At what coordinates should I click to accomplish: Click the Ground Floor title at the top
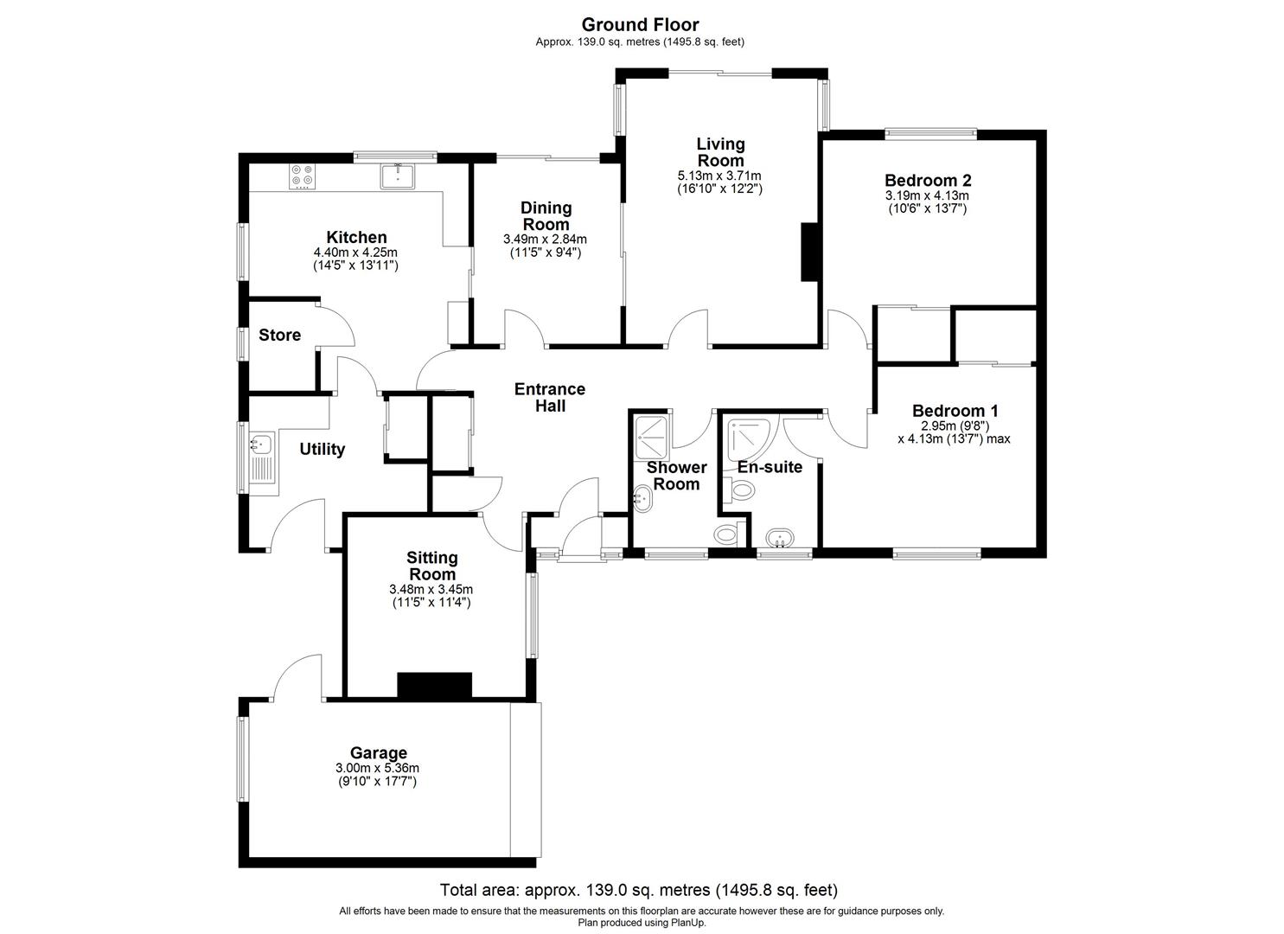(x=640, y=24)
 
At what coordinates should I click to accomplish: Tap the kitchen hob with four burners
(x=303, y=176)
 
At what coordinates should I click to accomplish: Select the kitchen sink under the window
(x=398, y=176)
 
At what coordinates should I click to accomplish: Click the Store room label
(x=279, y=335)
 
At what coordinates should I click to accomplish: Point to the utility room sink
(x=260, y=445)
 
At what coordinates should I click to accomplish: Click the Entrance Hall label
(x=549, y=397)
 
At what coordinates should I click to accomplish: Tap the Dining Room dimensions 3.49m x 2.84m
(x=545, y=240)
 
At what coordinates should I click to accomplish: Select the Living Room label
(x=720, y=152)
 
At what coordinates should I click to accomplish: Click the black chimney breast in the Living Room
(x=809, y=252)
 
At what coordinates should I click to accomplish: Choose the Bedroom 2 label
(x=928, y=181)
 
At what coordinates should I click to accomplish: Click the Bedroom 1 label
(x=954, y=411)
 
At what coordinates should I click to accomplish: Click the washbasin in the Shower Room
(x=644, y=496)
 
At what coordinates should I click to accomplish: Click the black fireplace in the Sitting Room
(x=434, y=686)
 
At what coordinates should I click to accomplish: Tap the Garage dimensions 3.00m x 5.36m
(x=378, y=768)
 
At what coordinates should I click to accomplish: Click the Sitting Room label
(x=431, y=566)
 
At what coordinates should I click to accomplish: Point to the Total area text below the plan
(x=638, y=889)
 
